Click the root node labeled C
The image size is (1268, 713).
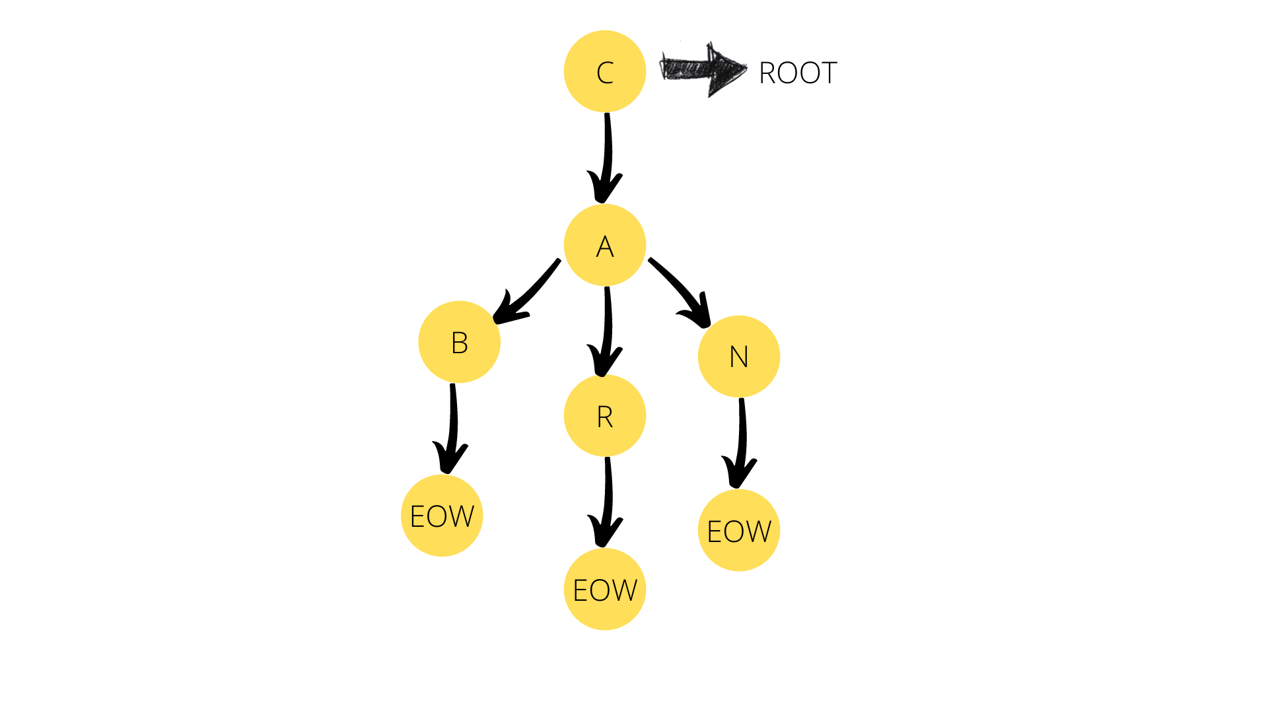(x=604, y=71)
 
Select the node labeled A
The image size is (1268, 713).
(x=604, y=245)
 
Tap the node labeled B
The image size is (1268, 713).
(x=459, y=342)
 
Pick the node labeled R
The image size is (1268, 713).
(x=604, y=416)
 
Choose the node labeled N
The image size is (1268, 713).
(x=738, y=356)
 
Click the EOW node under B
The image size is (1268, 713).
(x=442, y=516)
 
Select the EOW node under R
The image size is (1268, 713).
(x=604, y=589)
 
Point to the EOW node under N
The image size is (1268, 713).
(x=738, y=530)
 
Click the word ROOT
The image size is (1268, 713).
(x=798, y=73)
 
